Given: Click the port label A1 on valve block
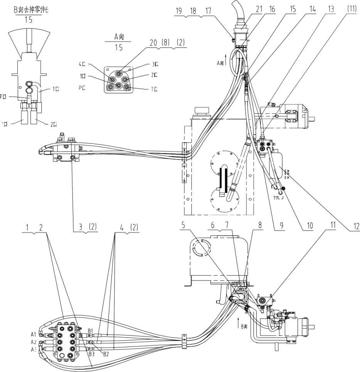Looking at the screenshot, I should coord(34,334).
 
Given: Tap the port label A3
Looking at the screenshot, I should coord(34,349).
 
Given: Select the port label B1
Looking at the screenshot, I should coord(91,331).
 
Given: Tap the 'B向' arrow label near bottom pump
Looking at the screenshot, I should coord(243,327).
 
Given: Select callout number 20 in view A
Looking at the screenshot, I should coord(154,44).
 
